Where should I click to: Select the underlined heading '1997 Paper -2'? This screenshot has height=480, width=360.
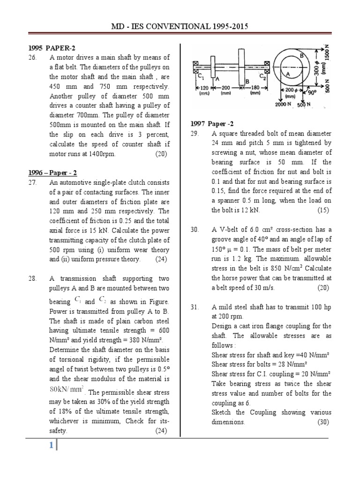tap(211, 124)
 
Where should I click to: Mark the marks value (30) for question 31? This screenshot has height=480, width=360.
tap(323, 422)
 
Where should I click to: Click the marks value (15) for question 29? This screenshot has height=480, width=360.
tap(323, 210)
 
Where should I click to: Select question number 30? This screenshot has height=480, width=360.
tap(195, 230)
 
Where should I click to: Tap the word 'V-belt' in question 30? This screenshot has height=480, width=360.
tap(229, 230)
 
